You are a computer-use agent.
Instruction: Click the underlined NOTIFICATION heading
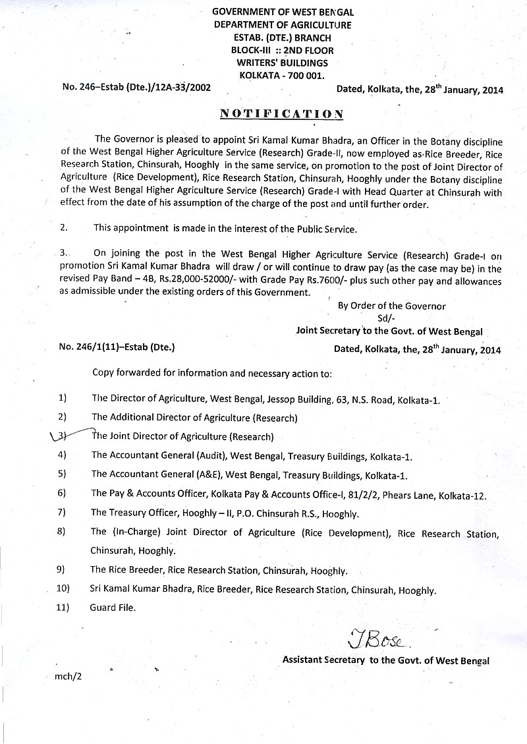[281, 113]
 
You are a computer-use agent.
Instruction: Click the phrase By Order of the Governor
[391, 306]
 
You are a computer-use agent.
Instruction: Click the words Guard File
[113, 608]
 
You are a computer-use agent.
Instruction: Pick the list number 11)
[64, 608]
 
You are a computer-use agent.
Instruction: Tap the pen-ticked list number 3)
[62, 436]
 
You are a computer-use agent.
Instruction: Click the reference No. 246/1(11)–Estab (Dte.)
[117, 346]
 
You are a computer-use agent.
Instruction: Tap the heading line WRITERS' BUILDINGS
[283, 63]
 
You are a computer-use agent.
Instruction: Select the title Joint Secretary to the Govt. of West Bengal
[389, 331]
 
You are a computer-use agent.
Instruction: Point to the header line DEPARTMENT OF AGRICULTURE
[283, 25]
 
